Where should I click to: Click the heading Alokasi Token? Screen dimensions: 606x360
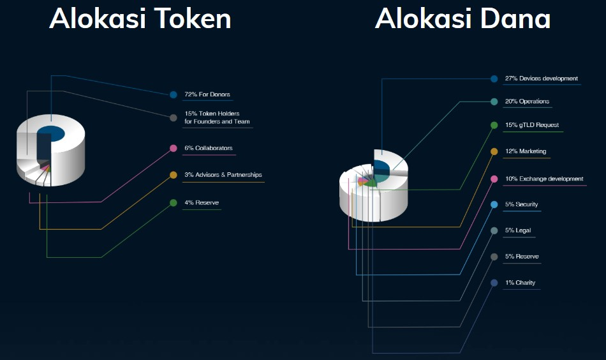coord(140,19)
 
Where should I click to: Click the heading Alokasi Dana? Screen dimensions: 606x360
coord(462,19)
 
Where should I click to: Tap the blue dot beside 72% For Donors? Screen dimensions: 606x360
coord(174,94)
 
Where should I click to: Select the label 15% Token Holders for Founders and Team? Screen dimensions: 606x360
coord(217,117)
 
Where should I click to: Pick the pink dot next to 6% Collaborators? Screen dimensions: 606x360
coord(174,148)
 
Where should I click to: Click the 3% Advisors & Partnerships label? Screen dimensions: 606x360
coord(223,175)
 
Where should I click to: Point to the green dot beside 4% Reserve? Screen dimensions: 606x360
coord(174,202)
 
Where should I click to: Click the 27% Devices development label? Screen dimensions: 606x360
coord(542,79)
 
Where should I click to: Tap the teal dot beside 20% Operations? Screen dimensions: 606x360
coord(494,101)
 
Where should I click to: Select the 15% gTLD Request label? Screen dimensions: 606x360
coord(532,125)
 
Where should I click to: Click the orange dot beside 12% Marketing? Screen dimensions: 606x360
coord(494,151)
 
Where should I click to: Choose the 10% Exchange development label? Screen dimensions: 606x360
coord(544,179)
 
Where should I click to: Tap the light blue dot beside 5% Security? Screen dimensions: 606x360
coord(494,204)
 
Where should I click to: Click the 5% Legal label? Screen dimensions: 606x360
coord(518,230)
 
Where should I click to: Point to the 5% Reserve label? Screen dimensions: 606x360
coord(522,257)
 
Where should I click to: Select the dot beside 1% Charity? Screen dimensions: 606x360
coord(494,283)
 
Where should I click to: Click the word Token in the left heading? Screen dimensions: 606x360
coord(193,19)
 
